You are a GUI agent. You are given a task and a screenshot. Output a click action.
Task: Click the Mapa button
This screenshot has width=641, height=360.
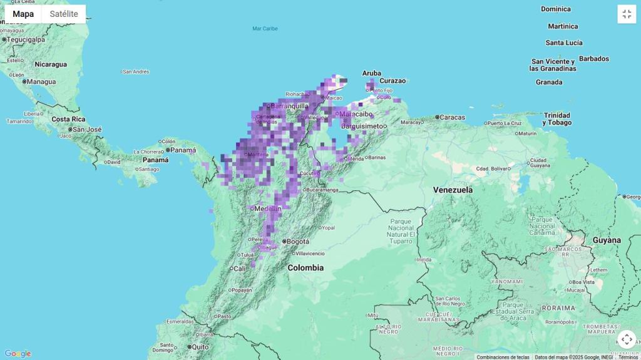point(23,14)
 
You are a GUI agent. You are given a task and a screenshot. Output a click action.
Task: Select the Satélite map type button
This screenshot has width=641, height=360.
point(64,14)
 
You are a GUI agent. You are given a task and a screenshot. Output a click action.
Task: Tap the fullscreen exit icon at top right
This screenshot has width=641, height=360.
point(627,14)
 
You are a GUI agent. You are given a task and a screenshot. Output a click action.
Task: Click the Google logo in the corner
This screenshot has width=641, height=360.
point(18,354)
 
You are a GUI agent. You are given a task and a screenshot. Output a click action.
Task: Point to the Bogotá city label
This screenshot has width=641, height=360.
point(298,242)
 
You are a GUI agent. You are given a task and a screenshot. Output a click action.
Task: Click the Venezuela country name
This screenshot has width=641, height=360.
point(453,190)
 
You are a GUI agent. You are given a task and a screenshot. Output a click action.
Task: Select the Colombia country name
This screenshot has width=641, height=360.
point(305,267)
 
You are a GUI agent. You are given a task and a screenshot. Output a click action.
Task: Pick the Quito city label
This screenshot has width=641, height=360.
point(200,347)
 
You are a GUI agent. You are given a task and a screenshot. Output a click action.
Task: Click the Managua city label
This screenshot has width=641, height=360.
point(41,81)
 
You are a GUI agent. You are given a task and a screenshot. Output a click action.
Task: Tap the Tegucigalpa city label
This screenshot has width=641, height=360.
point(26,39)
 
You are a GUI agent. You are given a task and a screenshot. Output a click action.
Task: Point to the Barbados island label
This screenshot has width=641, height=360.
point(593,59)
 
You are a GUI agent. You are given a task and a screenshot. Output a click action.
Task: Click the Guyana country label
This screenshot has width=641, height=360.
point(607,240)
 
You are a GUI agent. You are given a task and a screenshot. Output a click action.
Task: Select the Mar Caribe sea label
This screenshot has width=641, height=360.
point(265,28)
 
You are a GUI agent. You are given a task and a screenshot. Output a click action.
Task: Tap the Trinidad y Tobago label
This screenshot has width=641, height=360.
point(556,119)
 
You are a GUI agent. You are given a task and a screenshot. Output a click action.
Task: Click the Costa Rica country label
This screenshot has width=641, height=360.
point(68,119)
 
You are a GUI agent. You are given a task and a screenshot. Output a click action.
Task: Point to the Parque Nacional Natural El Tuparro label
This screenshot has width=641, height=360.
point(401,231)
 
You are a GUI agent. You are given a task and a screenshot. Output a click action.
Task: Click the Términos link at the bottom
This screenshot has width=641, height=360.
point(628,357)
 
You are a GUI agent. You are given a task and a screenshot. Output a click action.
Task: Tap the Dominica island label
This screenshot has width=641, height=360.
point(555,9)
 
